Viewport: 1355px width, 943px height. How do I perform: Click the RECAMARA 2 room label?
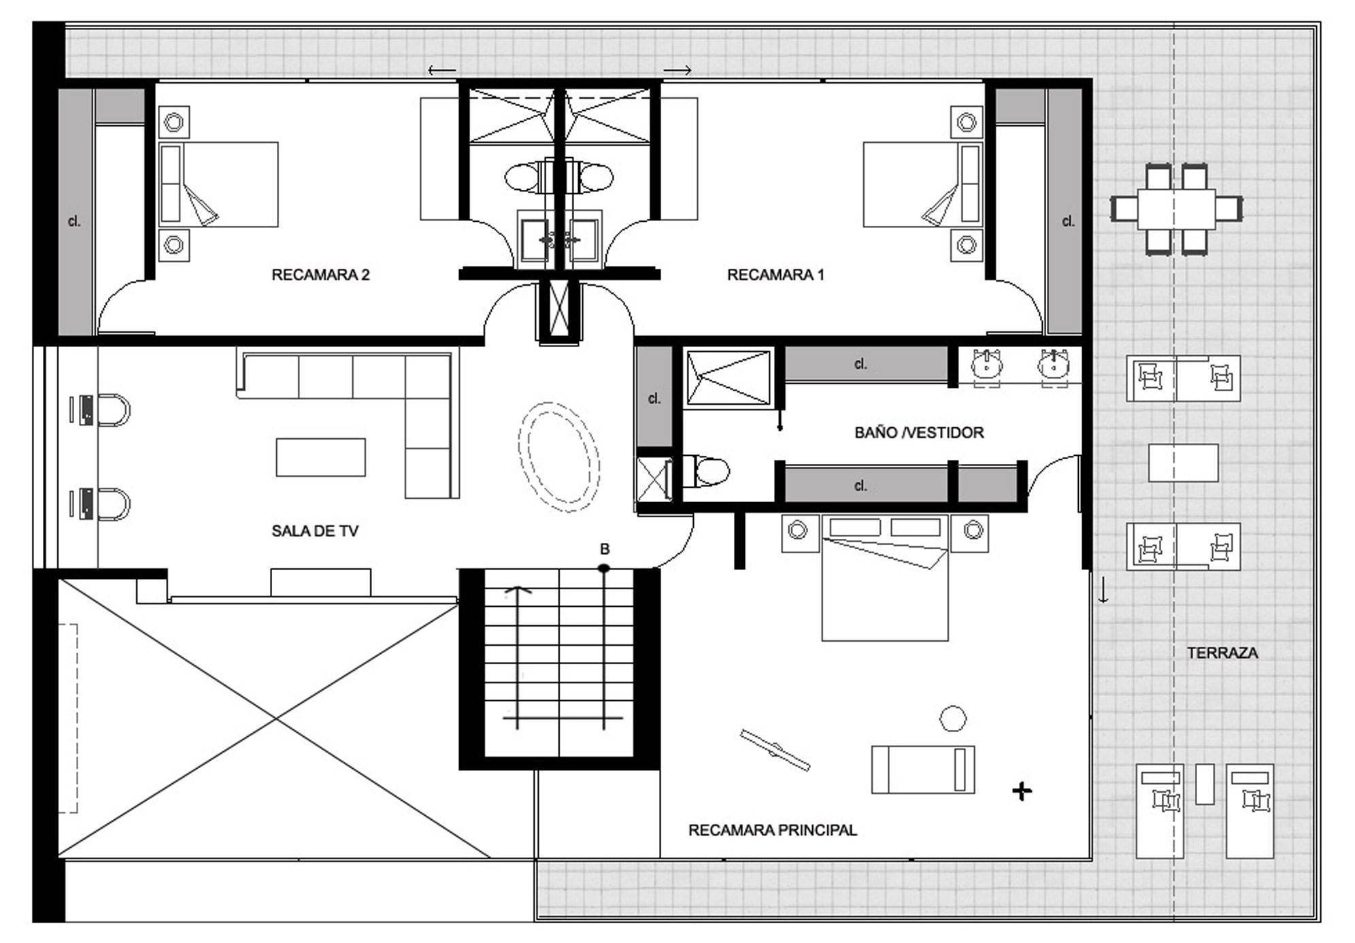point(320,275)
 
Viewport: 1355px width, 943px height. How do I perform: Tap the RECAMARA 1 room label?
point(775,275)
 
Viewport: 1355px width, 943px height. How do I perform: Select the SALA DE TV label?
point(315,531)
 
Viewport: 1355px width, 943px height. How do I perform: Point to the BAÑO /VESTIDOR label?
point(919,433)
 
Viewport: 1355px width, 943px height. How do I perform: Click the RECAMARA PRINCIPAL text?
point(773,830)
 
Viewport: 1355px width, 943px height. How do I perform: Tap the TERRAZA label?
point(1222,653)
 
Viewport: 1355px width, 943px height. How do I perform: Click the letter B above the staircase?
point(604,549)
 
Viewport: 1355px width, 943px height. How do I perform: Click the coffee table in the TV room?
point(320,457)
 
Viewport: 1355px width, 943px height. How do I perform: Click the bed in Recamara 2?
point(218,184)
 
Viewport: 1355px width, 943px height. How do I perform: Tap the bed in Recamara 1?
point(922,184)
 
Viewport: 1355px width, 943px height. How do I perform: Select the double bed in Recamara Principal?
point(885,578)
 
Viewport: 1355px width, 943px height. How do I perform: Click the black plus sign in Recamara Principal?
point(1022,791)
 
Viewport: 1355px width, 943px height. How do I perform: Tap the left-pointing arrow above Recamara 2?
point(442,70)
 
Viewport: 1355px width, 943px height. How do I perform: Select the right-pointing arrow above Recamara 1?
point(678,70)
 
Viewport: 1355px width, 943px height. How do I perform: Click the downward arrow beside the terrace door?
point(1103,589)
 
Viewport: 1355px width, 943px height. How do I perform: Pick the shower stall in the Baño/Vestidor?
point(729,378)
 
